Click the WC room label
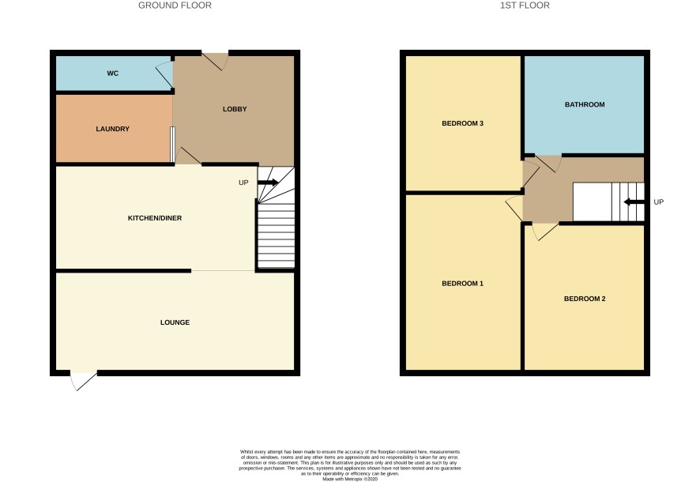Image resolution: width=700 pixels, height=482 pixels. coord(112,73)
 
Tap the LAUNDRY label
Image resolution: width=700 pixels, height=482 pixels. coord(112,129)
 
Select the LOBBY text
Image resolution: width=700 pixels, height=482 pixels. coord(235,109)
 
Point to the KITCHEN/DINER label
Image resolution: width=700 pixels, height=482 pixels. coord(155,218)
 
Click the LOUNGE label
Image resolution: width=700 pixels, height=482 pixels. coord(175,322)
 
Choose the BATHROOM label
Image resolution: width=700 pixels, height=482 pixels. coord(585,104)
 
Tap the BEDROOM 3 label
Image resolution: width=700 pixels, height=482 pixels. coord(462,123)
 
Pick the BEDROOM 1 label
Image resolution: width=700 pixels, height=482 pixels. coord(462,284)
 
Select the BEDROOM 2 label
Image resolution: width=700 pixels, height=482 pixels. coord(585,299)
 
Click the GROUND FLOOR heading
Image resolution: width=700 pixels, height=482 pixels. coord(175,6)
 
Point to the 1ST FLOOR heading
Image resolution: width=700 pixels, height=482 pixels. coord(525,6)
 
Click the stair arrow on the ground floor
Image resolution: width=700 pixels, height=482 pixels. coord(268,182)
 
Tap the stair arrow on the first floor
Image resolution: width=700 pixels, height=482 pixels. coord(634,202)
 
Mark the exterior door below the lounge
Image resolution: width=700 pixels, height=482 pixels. coord(83,380)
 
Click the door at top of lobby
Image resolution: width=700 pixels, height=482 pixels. coord(215,62)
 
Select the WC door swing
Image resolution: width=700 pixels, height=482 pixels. coord(164,74)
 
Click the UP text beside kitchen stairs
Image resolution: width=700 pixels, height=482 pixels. coord(243,183)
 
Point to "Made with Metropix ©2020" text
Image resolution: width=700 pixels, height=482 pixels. coord(350,479)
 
